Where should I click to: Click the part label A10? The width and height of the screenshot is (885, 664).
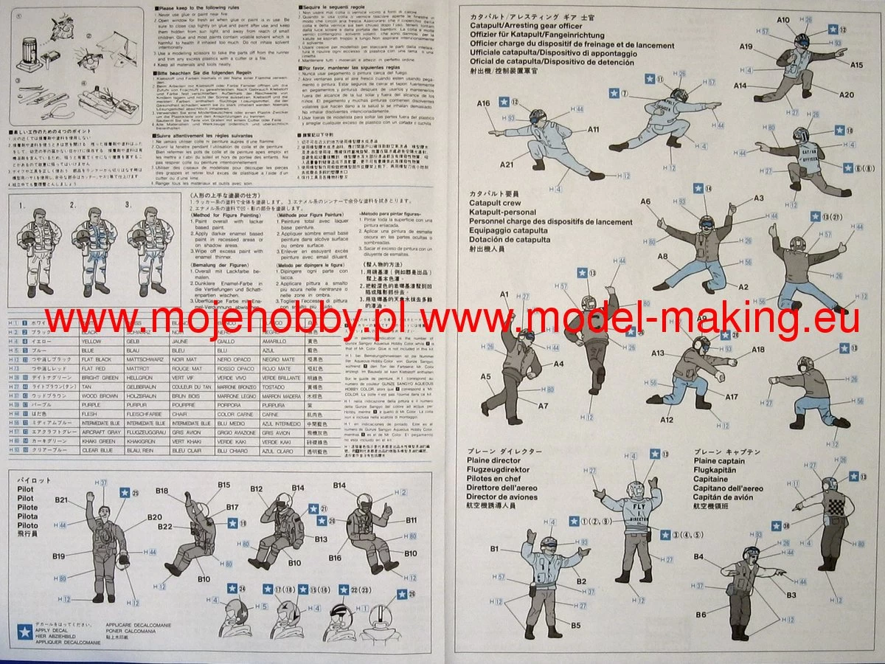[x=783, y=19]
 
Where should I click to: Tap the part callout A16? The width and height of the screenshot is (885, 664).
[x=484, y=104]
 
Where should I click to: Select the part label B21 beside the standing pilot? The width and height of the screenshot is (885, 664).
[x=61, y=499]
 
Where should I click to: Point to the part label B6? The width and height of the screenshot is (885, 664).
[x=701, y=615]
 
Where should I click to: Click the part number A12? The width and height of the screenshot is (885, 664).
[x=667, y=420]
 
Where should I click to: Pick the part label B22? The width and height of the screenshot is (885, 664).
[x=165, y=526]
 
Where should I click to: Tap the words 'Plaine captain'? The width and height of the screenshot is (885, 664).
[x=719, y=461]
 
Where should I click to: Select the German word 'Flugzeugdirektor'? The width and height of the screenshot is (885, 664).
[x=498, y=470]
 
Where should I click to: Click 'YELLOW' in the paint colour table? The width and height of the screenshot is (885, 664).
[x=91, y=342]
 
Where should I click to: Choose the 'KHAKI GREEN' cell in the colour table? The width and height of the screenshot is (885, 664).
[x=95, y=440]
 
